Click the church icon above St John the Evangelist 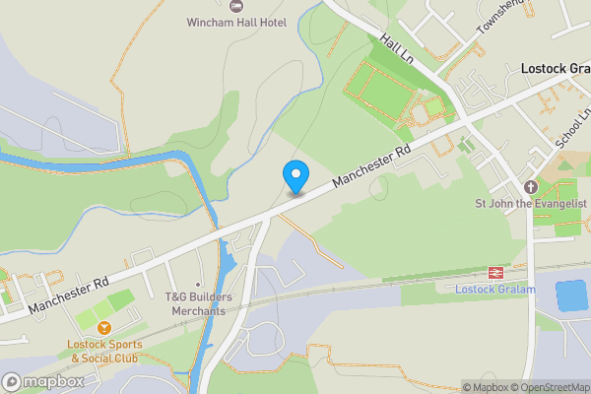[531, 186]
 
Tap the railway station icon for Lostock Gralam [494, 272]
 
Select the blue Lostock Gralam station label [494, 289]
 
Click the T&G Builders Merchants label [195, 304]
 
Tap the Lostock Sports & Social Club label [104, 351]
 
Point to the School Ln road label [570, 129]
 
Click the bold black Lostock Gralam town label [554, 69]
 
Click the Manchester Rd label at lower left [67, 295]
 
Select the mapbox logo [42, 381]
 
